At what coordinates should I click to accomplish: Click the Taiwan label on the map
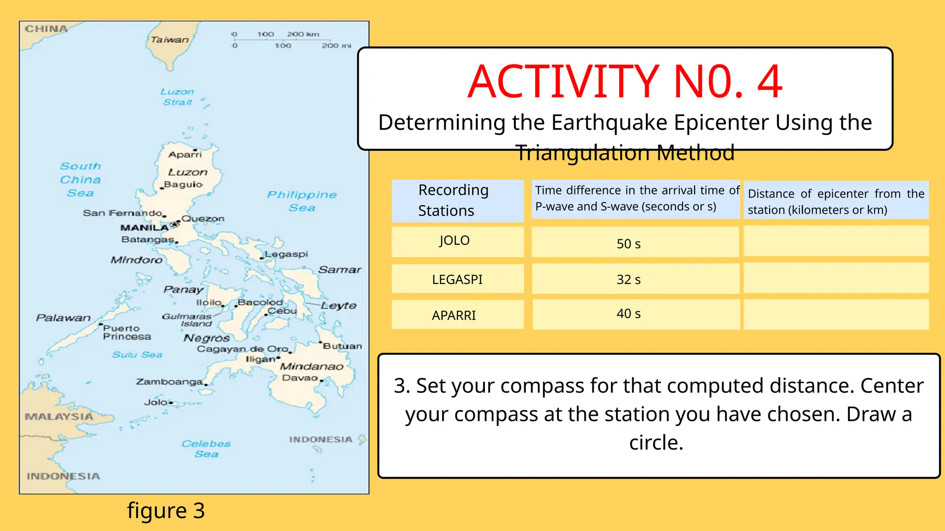[x=169, y=40]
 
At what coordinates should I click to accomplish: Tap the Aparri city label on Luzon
[x=185, y=155]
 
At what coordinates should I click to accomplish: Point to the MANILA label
[x=144, y=228]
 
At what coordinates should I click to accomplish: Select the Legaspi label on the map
[x=287, y=254]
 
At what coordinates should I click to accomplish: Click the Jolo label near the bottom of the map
[x=156, y=402]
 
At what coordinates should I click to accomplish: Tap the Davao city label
[x=300, y=378]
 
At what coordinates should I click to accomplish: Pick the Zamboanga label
[x=169, y=382]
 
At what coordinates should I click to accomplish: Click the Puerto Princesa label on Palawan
[x=126, y=332]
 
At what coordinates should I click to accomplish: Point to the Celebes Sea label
[x=206, y=448]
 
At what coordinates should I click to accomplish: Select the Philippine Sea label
[x=302, y=201]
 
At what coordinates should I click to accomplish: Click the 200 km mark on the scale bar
[x=303, y=34]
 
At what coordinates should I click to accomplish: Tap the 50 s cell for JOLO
[x=628, y=244]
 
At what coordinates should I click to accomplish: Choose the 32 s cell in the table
[x=628, y=279]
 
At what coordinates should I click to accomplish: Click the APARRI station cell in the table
[x=454, y=315]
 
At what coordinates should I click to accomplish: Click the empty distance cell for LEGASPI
[x=836, y=278]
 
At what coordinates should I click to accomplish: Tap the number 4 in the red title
[x=770, y=82]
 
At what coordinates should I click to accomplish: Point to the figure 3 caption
[x=166, y=511]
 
